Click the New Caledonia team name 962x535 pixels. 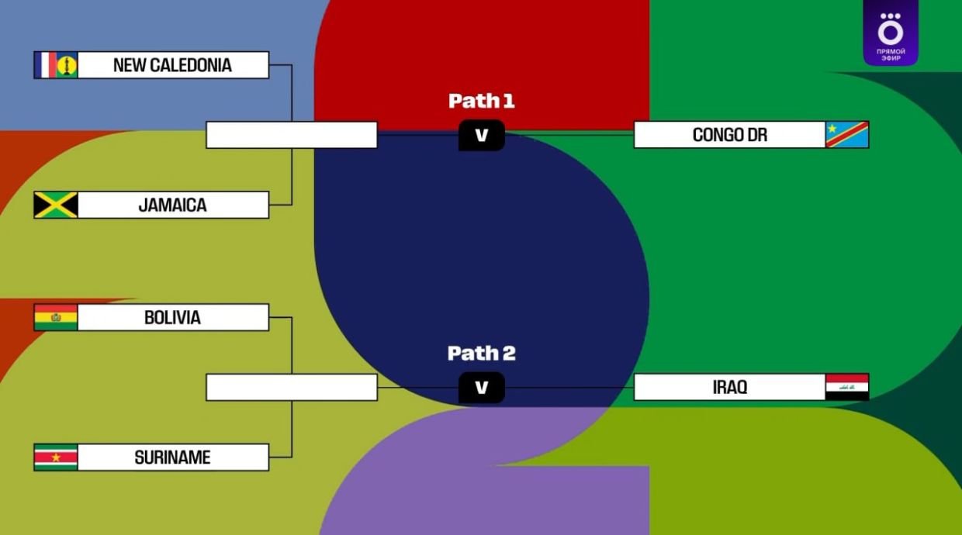click(172, 65)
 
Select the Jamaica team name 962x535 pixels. click(172, 205)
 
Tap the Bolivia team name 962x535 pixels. click(172, 318)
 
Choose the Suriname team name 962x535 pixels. click(172, 457)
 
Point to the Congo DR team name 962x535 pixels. click(729, 135)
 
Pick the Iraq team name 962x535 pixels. click(729, 387)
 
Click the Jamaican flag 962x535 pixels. click(56, 205)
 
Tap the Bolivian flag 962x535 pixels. click(56, 318)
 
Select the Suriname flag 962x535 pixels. click(56, 457)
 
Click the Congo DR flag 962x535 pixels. click(847, 135)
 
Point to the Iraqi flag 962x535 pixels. click(847, 387)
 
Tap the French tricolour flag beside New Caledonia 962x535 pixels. click(46, 65)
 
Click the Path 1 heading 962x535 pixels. click(481, 101)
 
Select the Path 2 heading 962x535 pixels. click(481, 354)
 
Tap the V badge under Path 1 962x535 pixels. click(481, 136)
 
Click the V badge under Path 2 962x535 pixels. click(481, 388)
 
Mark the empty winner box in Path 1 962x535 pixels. click(292, 135)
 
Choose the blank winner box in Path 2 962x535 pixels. click(292, 387)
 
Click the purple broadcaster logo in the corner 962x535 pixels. click(890, 33)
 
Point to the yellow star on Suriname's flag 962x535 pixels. click(56, 457)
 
